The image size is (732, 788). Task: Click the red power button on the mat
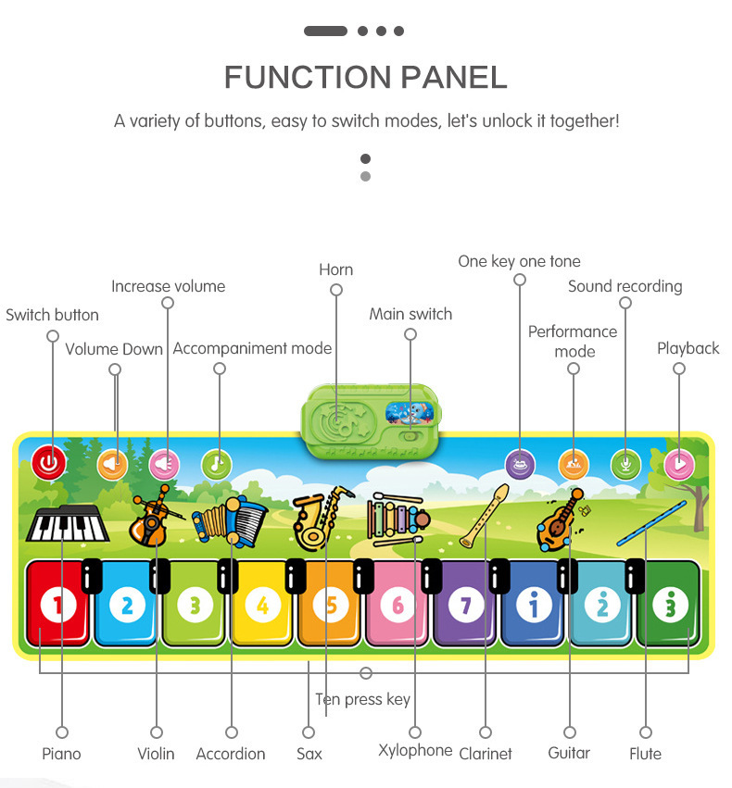point(50,462)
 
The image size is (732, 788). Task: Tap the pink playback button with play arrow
point(679,463)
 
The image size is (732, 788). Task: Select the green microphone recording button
point(625,463)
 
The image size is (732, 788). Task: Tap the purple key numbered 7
point(465,605)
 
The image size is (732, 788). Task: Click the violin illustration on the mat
point(151,517)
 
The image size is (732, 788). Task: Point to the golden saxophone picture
point(320,516)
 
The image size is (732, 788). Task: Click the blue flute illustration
point(652,522)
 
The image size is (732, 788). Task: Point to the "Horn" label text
point(335,269)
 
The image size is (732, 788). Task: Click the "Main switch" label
point(410,314)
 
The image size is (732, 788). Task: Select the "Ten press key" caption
point(362,699)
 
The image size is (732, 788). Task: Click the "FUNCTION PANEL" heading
point(366,77)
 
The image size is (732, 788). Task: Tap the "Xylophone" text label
point(415,750)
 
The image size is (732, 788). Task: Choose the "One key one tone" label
point(519,261)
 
